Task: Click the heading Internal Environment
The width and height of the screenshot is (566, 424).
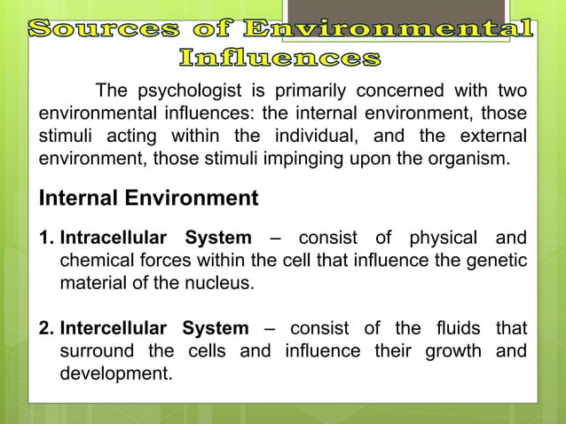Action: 147,198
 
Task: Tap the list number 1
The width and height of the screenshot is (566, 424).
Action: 45,239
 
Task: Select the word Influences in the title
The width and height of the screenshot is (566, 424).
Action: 280,59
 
